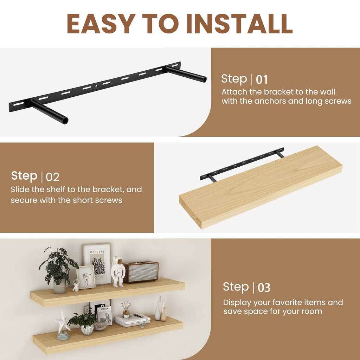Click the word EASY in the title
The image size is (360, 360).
(x=101, y=24)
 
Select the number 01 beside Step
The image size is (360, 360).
(x=262, y=80)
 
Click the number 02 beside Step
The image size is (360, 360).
(x=53, y=177)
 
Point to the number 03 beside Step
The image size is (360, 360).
(x=264, y=288)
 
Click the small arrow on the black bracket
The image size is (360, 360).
(x=96, y=87)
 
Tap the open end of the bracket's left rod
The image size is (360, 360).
(x=65, y=120)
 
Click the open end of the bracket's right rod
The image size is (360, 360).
(x=204, y=79)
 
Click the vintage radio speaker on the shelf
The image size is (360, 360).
(x=141, y=272)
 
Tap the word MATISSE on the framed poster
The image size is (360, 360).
(x=97, y=252)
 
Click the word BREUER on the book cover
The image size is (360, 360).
(x=104, y=309)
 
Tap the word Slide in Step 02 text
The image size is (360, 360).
(x=20, y=189)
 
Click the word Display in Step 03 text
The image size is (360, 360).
(x=237, y=303)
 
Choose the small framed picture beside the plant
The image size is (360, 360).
(x=86, y=277)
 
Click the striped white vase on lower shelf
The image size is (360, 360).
(x=87, y=330)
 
